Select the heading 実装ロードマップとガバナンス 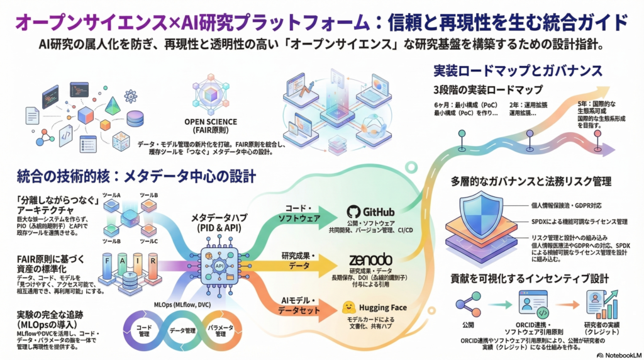[x=519, y=70]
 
